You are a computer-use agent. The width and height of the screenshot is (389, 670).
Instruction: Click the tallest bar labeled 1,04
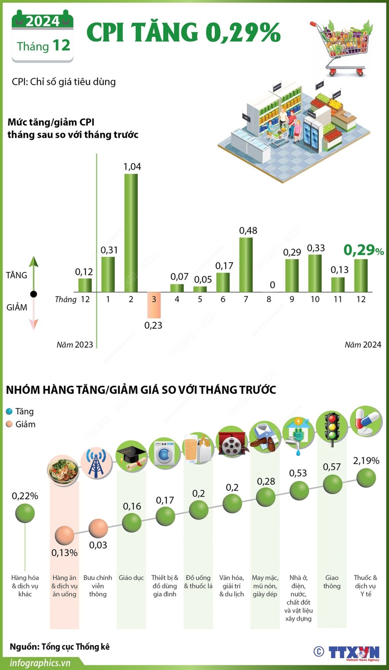pyautogui.click(x=131, y=233)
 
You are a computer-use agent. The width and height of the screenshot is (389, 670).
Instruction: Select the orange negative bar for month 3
pyautogui.click(x=154, y=305)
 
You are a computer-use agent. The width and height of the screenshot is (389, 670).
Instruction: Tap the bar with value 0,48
pyautogui.click(x=246, y=265)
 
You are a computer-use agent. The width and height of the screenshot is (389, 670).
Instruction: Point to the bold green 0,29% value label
pyautogui.click(x=363, y=250)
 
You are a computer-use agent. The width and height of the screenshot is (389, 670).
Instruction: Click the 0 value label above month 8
pyautogui.click(x=272, y=285)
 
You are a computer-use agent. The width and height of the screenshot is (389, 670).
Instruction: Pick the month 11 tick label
pyautogui.click(x=338, y=299)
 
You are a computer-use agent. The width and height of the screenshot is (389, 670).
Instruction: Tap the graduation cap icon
pyautogui.click(x=131, y=456)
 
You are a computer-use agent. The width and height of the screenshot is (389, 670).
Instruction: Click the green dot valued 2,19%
pyautogui.click(x=366, y=478)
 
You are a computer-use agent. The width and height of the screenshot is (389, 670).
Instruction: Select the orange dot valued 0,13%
pyautogui.click(x=64, y=535)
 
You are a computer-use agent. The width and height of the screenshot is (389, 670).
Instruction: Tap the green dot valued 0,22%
pyautogui.click(x=25, y=513)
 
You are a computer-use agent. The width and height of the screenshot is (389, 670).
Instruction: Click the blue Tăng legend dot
pyautogui.click(x=9, y=412)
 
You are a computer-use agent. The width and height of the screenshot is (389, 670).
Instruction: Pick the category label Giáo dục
pyautogui.click(x=131, y=578)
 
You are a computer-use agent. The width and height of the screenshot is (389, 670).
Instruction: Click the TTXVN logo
pyautogui.click(x=354, y=652)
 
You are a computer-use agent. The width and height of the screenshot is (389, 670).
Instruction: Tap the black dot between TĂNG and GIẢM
pyautogui.click(x=33, y=294)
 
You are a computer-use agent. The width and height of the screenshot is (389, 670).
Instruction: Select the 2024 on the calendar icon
pyautogui.click(x=43, y=22)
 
